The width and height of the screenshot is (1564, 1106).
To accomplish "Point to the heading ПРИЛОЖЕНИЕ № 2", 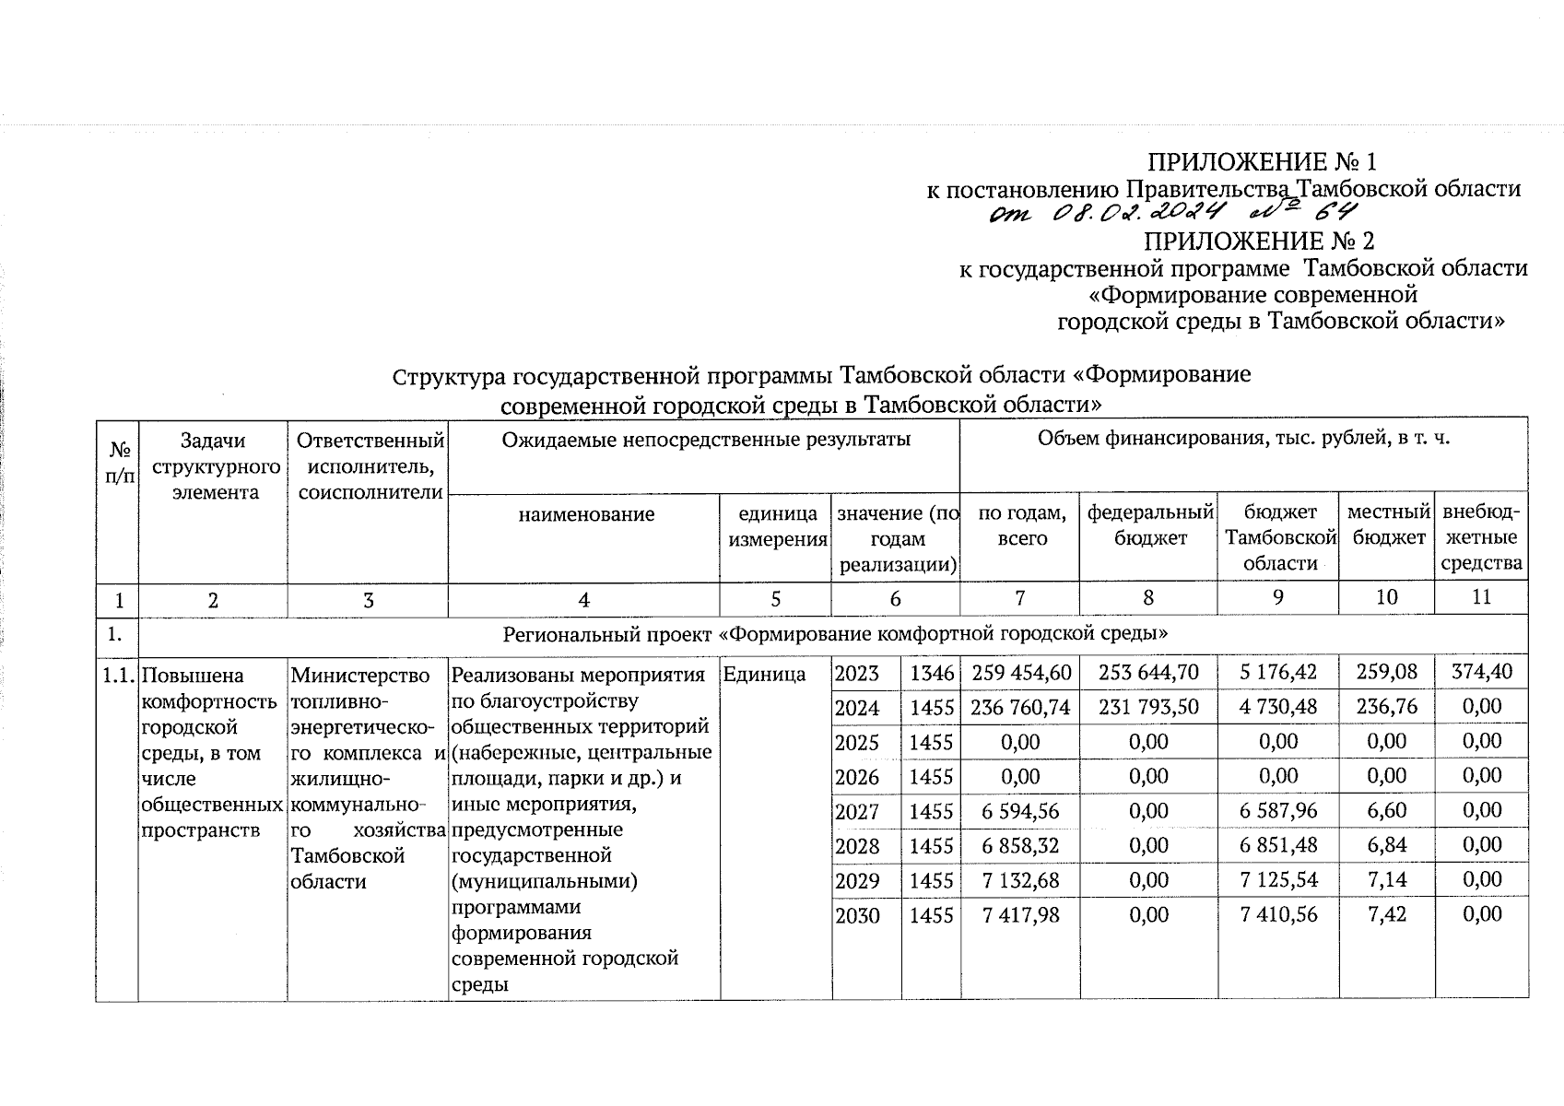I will (x=1259, y=241).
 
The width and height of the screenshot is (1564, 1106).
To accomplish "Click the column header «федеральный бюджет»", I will (x=1149, y=525).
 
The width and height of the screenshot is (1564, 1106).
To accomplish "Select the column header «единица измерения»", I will (x=777, y=526).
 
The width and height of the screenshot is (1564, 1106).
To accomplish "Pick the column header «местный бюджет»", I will (x=1387, y=525).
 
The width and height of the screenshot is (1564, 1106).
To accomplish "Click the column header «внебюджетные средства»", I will (x=1481, y=537).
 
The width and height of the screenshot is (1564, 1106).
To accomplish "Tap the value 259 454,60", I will (x=1020, y=673).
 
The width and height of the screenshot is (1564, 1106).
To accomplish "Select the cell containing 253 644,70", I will (x=1148, y=673).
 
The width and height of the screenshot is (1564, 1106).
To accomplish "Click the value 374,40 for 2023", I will (x=1481, y=672).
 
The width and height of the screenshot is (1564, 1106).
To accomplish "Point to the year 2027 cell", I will (x=857, y=812).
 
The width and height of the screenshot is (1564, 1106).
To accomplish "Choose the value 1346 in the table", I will (x=931, y=674).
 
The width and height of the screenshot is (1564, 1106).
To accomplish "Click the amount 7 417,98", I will (x=1020, y=914).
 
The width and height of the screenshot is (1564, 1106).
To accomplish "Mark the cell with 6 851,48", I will (x=1277, y=846).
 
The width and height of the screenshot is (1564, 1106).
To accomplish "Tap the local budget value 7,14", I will (x=1387, y=880).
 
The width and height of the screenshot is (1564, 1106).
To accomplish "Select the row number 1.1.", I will (x=118, y=675).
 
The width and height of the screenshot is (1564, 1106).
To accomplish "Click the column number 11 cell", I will (x=1481, y=597).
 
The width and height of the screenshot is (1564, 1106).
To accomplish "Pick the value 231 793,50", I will (x=1148, y=707).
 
